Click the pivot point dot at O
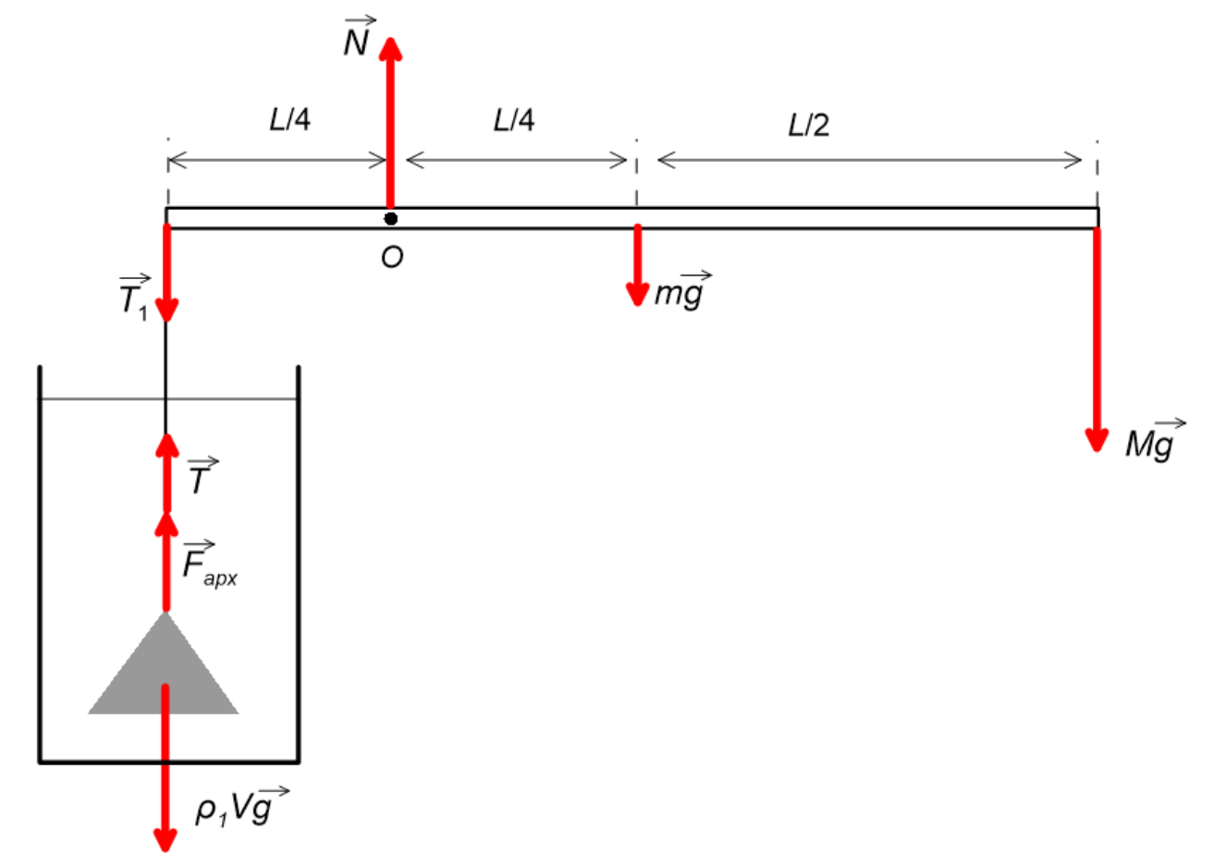tap(390, 219)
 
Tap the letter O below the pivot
tap(392, 257)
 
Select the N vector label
tap(359, 37)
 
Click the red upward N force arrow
tap(390, 123)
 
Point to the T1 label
tap(134, 298)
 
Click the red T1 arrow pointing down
tap(166, 274)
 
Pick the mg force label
tap(682, 290)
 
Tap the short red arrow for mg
tap(637, 265)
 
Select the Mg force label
tap(1155, 441)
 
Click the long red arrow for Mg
tap(1097, 340)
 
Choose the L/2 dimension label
tap(808, 125)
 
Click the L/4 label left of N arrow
tap(289, 119)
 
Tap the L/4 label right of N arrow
tap(514, 120)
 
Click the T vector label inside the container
tap(202, 476)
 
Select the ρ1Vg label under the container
tap(241, 807)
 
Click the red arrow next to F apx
tap(166, 562)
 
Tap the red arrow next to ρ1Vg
tap(165, 768)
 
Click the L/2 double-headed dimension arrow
tap(870, 160)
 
